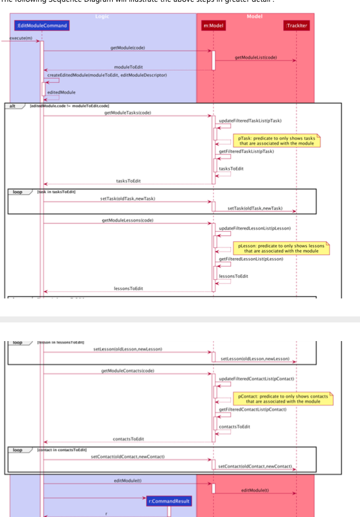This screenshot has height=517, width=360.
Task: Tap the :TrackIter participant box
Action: (x=296, y=25)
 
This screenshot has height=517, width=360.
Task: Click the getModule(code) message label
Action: (x=127, y=47)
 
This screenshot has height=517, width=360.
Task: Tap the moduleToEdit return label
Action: (x=128, y=67)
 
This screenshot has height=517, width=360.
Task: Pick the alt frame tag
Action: (x=11, y=106)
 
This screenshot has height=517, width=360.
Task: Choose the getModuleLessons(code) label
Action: (x=128, y=220)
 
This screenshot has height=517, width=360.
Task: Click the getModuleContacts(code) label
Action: (x=128, y=370)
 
